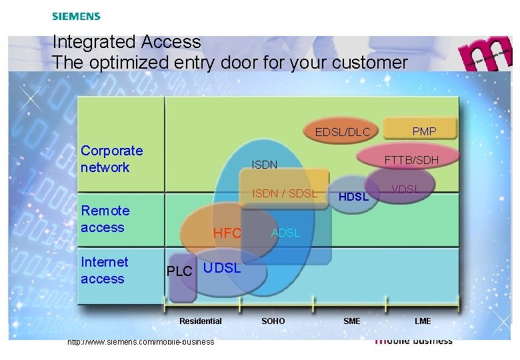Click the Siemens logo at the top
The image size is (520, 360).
click(x=76, y=16)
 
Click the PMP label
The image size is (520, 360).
click(x=424, y=131)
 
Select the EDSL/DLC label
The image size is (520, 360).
click(x=342, y=132)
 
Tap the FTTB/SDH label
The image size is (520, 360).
click(x=411, y=160)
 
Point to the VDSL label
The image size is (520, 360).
click(x=405, y=189)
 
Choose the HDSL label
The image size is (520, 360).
click(x=353, y=197)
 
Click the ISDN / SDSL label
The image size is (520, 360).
click(x=285, y=193)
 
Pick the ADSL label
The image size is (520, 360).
click(x=285, y=233)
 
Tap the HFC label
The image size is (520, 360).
click(x=227, y=233)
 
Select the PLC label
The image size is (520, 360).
click(x=179, y=271)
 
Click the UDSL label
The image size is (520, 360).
click(x=222, y=268)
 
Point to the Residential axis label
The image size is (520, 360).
click(x=200, y=321)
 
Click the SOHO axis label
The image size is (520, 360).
click(x=273, y=321)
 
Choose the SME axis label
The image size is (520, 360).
click(x=351, y=321)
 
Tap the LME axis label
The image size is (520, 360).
click(x=423, y=321)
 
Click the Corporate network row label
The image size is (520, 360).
click(x=111, y=159)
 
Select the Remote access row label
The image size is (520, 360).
click(x=105, y=219)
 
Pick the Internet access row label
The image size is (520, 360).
click(x=104, y=270)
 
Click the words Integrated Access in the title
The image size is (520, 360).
click(x=127, y=42)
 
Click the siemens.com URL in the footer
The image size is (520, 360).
click(x=141, y=342)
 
